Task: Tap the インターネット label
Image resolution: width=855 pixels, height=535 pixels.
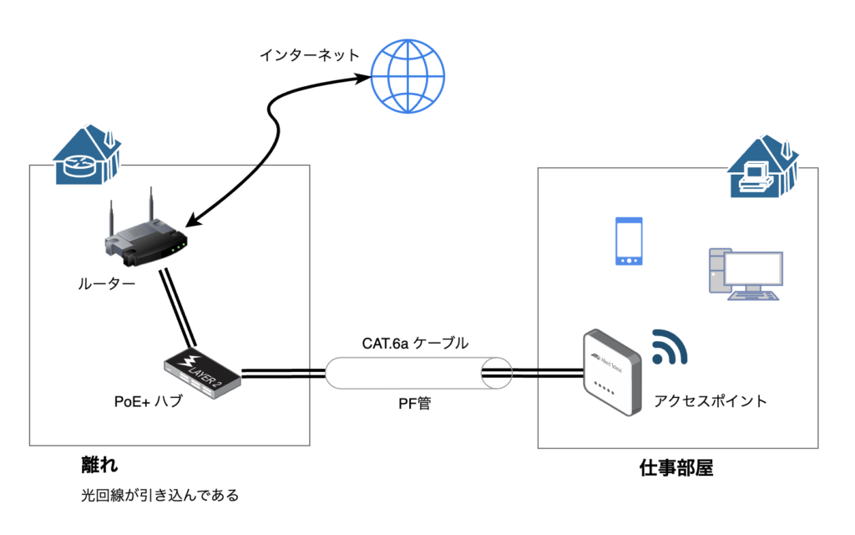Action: pyautogui.click(x=309, y=56)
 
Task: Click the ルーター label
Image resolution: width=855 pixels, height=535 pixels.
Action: pyautogui.click(x=106, y=284)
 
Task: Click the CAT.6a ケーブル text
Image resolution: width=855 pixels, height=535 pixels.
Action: pyautogui.click(x=415, y=343)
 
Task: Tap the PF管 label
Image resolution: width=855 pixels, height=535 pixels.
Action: pyautogui.click(x=414, y=404)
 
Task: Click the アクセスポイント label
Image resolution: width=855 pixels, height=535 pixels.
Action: pyautogui.click(x=711, y=401)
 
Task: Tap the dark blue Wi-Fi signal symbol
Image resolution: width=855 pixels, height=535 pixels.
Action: pyautogui.click(x=669, y=348)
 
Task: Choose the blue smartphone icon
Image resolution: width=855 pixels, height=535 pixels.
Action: pyautogui.click(x=629, y=242)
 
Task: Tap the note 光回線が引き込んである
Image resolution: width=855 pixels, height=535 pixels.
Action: pyautogui.click(x=159, y=495)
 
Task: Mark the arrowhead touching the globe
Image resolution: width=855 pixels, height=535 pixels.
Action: pyautogui.click(x=365, y=78)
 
